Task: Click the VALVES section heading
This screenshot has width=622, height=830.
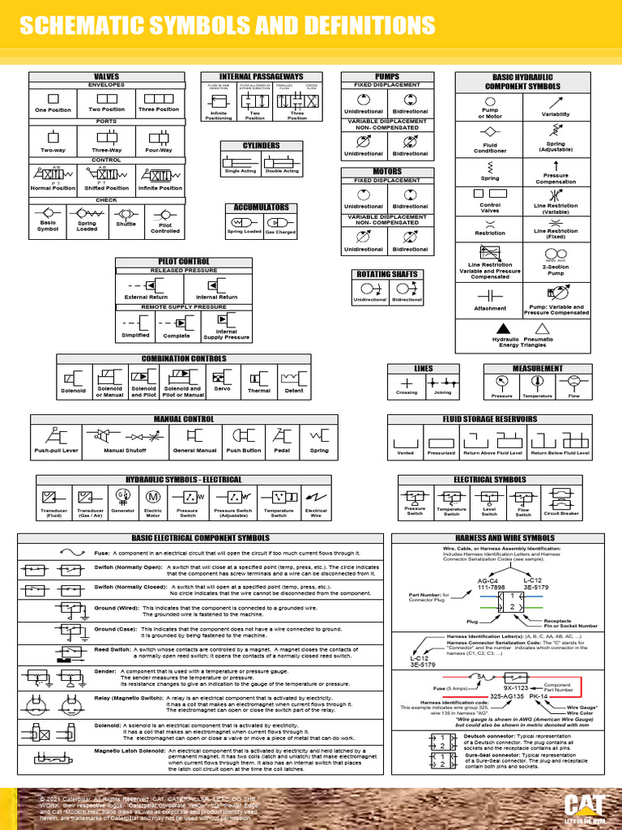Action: pyautogui.click(x=107, y=76)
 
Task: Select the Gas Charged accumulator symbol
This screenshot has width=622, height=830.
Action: pyautogui.click(x=279, y=221)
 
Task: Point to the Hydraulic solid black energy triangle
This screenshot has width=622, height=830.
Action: pyautogui.click(x=503, y=327)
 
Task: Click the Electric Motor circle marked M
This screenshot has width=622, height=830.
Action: pyautogui.click(x=153, y=496)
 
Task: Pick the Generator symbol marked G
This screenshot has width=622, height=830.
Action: pyautogui.click(x=123, y=496)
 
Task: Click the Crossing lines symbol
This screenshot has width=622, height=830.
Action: pyautogui.click(x=407, y=383)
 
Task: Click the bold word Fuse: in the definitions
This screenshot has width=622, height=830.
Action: pyautogui.click(x=102, y=553)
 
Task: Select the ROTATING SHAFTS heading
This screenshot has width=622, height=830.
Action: pyautogui.click(x=388, y=274)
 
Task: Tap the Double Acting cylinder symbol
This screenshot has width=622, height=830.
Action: pyautogui.click(x=282, y=160)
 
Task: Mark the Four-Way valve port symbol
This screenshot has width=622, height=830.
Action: pyautogui.click(x=159, y=137)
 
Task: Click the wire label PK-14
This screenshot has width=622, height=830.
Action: pyautogui.click(x=539, y=696)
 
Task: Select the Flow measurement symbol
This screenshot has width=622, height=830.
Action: pyautogui.click(x=573, y=382)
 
